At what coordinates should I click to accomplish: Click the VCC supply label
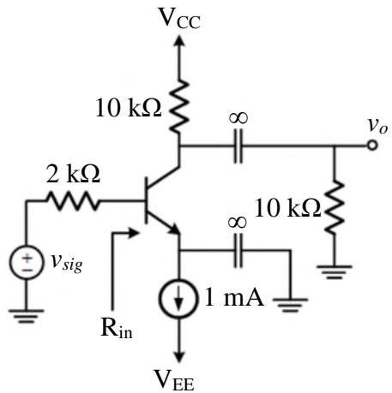click(179, 18)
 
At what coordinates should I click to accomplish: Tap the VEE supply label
click(174, 379)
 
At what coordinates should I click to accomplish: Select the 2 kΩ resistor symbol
click(73, 201)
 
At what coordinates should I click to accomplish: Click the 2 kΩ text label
click(73, 174)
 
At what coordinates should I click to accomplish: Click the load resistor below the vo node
click(335, 207)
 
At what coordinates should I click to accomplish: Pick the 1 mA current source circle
click(179, 299)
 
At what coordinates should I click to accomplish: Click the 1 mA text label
click(234, 298)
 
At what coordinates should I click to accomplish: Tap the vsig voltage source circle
click(27, 263)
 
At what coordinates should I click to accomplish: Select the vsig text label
click(67, 262)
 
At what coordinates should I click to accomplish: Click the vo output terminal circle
click(372, 146)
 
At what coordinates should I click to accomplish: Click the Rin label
click(117, 328)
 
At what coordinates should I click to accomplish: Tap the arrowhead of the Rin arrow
click(134, 233)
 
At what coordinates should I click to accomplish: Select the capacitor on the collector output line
click(238, 146)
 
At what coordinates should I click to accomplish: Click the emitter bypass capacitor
click(238, 251)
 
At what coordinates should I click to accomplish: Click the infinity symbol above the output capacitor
click(238, 117)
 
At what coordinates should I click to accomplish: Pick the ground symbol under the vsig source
click(27, 316)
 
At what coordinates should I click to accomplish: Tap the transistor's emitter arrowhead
click(175, 229)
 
